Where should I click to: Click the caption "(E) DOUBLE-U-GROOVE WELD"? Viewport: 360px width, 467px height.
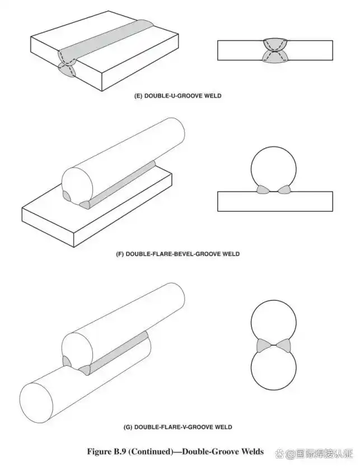point(178,96)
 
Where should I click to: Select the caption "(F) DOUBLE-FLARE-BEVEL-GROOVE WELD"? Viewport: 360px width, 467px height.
point(178,254)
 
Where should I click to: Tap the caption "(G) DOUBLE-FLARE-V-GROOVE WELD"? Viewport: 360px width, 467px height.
point(178,427)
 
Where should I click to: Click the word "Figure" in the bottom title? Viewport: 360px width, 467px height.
point(99,452)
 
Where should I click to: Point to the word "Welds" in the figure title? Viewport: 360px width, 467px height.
point(253,451)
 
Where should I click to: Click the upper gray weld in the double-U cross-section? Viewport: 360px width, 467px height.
point(275,44)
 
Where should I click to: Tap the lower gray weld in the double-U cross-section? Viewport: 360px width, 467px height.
point(275,56)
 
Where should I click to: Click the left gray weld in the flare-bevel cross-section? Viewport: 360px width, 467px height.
point(263,190)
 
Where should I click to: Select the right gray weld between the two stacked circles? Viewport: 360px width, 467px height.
point(283,346)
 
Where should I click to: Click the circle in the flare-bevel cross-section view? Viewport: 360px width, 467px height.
point(274,169)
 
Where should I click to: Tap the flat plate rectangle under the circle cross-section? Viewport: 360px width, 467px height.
point(275,202)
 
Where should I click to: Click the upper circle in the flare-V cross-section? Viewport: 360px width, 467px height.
point(274,323)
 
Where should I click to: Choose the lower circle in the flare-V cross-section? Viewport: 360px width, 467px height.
point(274,367)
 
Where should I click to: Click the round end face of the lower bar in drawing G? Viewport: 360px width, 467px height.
point(36,403)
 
